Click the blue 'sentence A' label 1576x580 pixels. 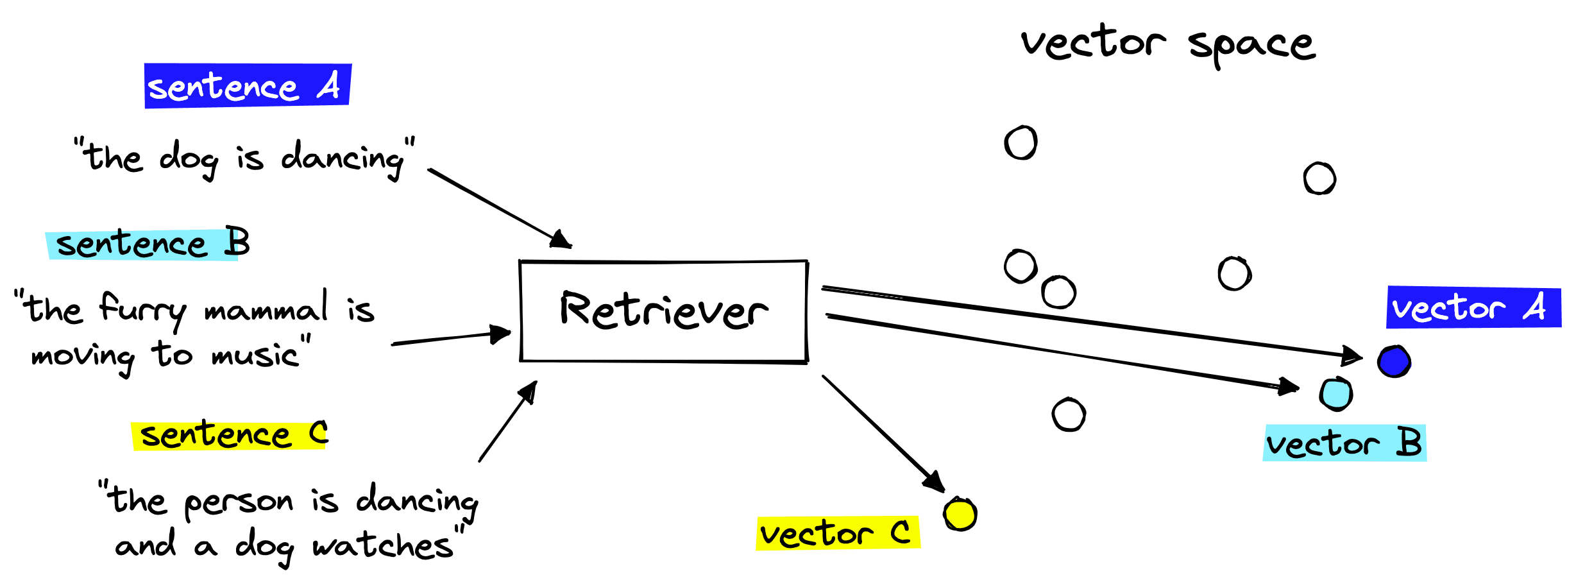click(x=248, y=85)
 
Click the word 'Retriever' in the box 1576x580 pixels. click(x=664, y=311)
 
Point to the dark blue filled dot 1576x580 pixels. click(x=1394, y=361)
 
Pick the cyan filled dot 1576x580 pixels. click(x=1336, y=394)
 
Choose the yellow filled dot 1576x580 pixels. click(x=960, y=514)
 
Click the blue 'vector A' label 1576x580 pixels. click(x=1473, y=308)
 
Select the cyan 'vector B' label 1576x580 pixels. click(x=1344, y=443)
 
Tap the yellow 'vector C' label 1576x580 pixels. click(x=838, y=533)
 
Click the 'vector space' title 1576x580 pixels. click(x=1168, y=45)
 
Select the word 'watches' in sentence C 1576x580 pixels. click(x=382, y=546)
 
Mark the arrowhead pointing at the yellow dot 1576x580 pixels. click(x=935, y=482)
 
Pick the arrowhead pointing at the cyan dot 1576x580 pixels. click(x=1289, y=386)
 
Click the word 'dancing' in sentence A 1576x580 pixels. click(x=343, y=159)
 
